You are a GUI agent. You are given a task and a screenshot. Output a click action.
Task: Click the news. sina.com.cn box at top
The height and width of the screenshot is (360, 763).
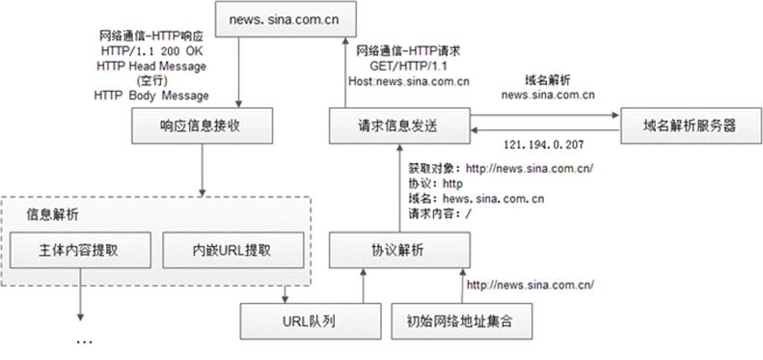click(x=286, y=19)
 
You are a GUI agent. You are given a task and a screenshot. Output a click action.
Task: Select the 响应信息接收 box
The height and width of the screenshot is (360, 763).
click(x=202, y=125)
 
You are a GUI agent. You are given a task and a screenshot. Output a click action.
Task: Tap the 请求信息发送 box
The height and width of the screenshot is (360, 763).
click(x=399, y=125)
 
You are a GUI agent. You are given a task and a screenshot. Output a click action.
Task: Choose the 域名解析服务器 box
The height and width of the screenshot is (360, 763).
click(x=691, y=125)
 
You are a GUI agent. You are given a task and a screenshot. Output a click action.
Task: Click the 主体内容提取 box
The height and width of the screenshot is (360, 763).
click(x=80, y=250)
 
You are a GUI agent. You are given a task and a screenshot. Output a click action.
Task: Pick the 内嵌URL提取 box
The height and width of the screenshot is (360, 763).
click(x=233, y=250)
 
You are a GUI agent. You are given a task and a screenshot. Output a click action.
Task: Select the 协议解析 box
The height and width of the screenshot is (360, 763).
click(x=399, y=250)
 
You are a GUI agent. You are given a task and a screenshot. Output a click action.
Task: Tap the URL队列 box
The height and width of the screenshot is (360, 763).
click(x=311, y=321)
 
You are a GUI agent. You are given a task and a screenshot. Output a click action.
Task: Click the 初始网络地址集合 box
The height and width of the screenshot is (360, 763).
click(x=462, y=321)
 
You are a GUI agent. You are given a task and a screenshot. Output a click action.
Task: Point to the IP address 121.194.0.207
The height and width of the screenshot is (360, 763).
click(x=543, y=144)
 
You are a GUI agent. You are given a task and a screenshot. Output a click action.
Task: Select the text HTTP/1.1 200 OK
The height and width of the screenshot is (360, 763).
click(x=151, y=50)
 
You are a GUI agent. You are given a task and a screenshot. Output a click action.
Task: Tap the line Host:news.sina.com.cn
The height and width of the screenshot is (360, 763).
click(x=409, y=81)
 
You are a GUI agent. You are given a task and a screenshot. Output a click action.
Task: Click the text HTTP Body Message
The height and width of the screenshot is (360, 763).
click(x=151, y=96)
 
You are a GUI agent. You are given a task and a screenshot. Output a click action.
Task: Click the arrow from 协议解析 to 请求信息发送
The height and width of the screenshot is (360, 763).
click(x=399, y=188)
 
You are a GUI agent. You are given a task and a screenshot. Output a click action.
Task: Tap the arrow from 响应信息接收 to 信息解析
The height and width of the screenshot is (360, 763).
click(x=202, y=170)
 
